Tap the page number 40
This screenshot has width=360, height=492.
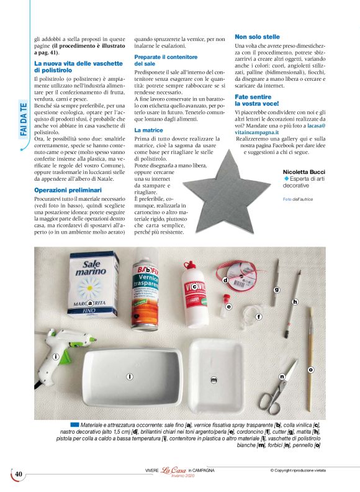pos(18,474)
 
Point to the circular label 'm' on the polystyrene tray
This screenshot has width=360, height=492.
pos(214,379)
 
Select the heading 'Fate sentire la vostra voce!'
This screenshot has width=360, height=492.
pos(257,101)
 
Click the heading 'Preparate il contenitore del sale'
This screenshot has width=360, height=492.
pos(161,60)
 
